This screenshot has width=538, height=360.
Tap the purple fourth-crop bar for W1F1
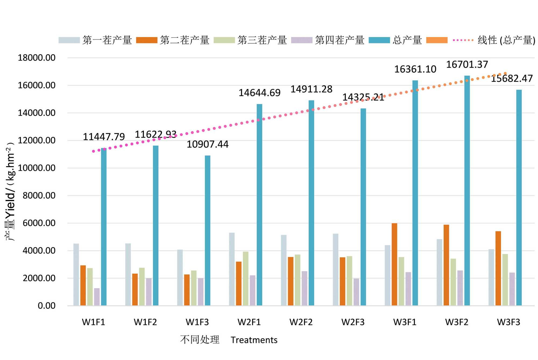97,297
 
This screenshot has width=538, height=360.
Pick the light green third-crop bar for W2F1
246,279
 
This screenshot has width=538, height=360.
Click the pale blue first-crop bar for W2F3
335,269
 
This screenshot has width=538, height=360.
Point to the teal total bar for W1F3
208,230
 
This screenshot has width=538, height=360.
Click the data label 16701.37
467,65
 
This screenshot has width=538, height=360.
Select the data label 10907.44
207,144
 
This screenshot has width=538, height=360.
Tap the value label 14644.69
259,93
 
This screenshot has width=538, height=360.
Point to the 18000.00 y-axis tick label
37,58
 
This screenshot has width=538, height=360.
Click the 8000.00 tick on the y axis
39,195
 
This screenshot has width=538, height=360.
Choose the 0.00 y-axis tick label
47,306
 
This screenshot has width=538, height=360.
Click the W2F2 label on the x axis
301,322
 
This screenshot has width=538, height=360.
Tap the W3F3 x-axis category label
508,322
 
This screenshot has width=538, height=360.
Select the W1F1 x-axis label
93,322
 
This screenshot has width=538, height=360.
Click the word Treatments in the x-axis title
254,340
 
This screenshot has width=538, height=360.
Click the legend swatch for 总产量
379,40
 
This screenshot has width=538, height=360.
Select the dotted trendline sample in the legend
463,40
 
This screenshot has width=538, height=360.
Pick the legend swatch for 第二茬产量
147,40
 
